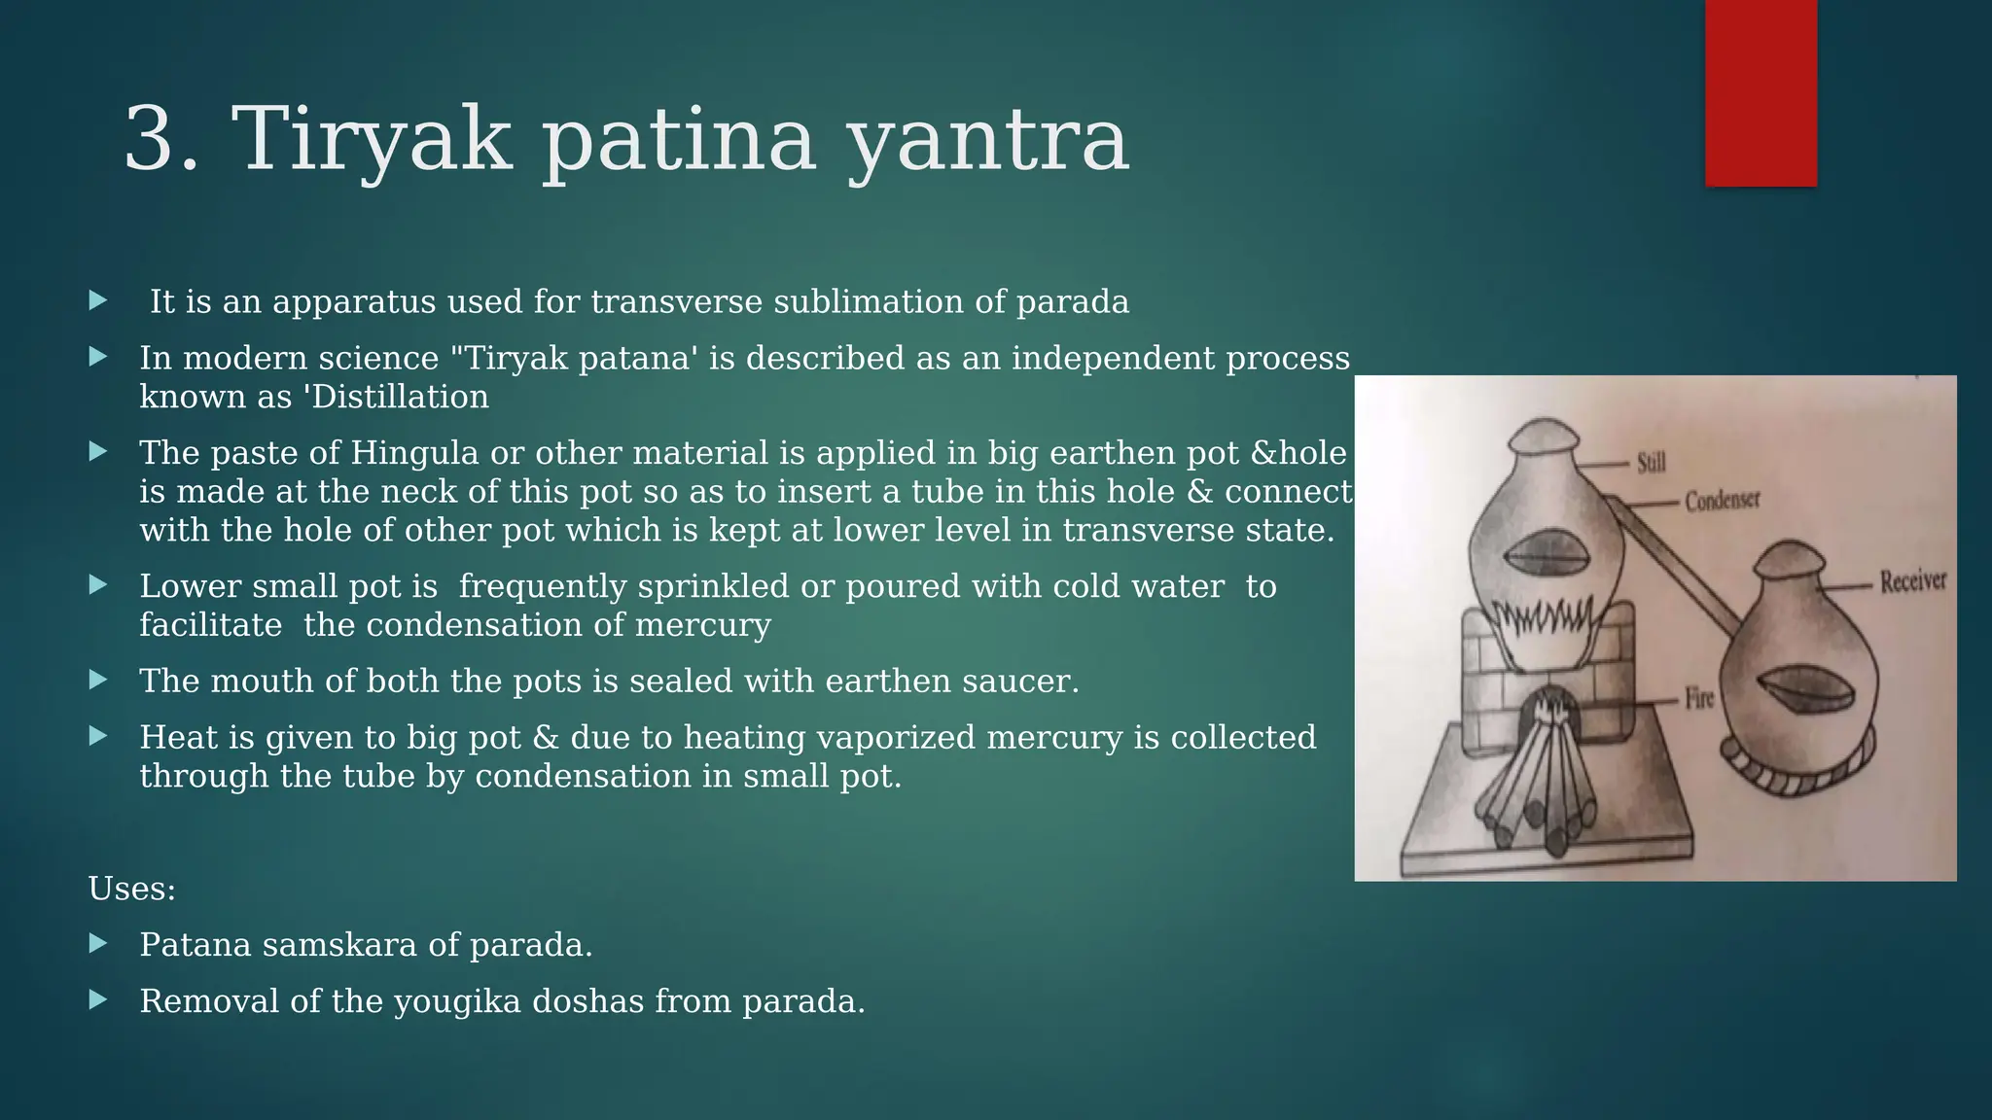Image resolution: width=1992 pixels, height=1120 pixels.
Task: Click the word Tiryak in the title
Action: click(x=371, y=141)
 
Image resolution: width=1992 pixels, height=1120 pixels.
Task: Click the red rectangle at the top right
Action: click(x=1761, y=92)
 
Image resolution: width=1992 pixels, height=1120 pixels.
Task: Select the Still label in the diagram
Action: click(x=1651, y=463)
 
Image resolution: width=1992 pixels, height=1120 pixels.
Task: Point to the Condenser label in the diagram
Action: click(x=1723, y=501)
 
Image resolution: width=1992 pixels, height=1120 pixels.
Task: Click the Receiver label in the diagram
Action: click(x=1912, y=581)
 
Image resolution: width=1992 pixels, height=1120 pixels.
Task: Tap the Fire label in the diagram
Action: click(x=1699, y=698)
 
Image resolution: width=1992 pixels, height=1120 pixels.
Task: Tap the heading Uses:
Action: click(x=132, y=889)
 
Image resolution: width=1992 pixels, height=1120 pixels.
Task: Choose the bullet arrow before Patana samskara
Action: click(x=98, y=943)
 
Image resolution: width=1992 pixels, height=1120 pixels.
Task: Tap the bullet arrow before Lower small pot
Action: click(x=98, y=584)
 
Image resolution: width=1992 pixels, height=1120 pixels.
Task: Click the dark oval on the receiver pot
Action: click(x=1800, y=688)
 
